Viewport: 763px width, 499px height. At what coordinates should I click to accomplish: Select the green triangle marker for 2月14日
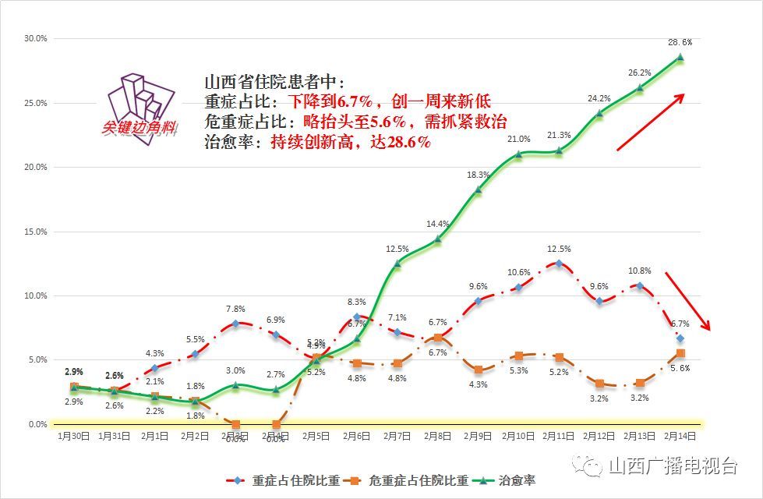point(680,57)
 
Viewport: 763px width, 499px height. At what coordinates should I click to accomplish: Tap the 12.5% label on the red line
point(559,249)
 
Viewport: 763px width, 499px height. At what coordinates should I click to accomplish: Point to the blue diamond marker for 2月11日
point(559,264)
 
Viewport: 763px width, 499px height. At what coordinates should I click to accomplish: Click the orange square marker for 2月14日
point(680,354)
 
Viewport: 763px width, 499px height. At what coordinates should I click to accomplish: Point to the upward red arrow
point(650,121)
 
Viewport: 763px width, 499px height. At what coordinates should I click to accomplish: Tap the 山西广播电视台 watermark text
point(672,466)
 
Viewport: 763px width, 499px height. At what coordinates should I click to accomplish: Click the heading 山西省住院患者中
point(274,82)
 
